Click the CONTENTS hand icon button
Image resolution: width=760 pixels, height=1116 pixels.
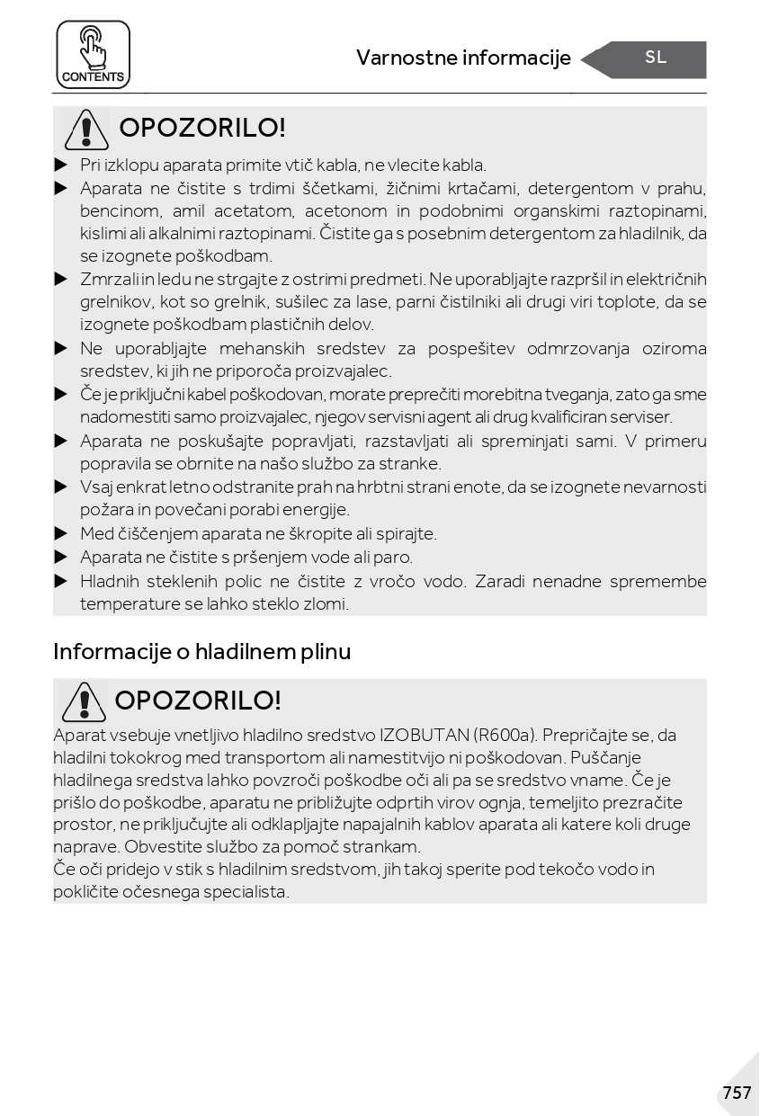tap(93, 54)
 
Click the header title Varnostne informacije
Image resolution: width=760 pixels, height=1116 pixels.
tap(463, 58)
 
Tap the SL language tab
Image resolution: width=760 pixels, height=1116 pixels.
tap(656, 58)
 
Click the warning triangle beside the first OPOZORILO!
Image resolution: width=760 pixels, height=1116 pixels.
tap(86, 129)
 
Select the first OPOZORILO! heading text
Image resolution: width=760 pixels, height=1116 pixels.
tap(201, 128)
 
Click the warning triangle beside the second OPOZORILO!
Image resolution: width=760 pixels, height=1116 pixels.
tap(84, 701)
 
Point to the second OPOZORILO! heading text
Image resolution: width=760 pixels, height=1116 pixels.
tap(198, 701)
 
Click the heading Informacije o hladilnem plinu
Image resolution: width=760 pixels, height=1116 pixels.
tap(201, 651)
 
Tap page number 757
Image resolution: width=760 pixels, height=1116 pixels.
tap(736, 1093)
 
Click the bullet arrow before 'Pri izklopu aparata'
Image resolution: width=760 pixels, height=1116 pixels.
tap(61, 165)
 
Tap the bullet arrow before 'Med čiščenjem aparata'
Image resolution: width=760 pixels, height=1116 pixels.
tap(61, 533)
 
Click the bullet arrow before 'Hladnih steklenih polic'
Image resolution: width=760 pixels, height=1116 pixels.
tap(61, 581)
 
